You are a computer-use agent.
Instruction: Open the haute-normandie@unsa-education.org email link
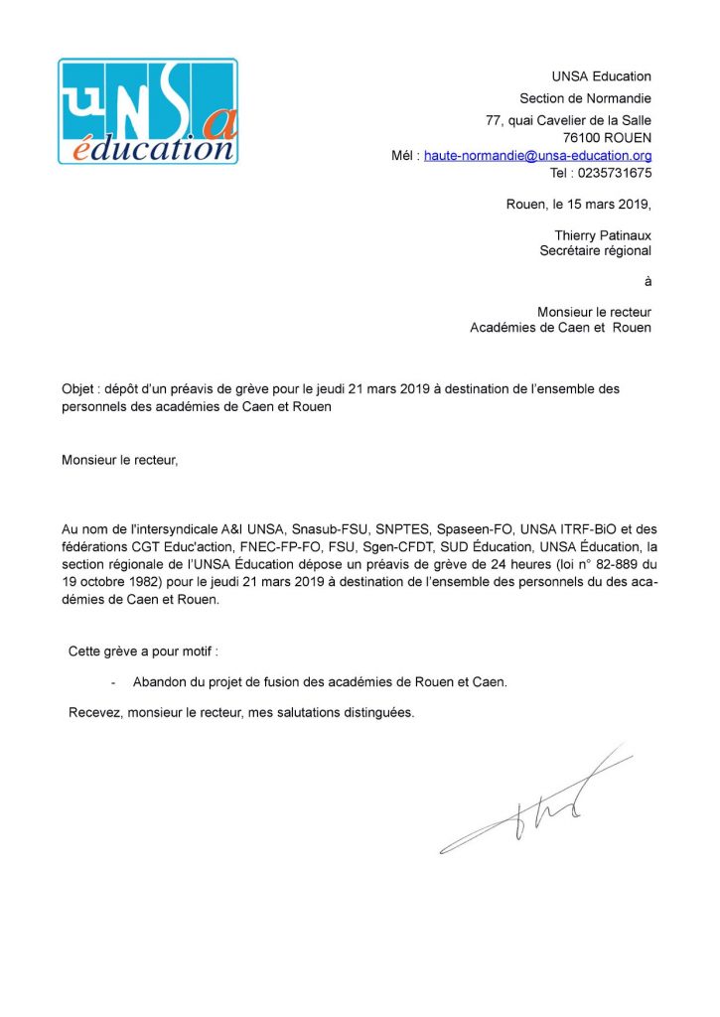[x=537, y=155]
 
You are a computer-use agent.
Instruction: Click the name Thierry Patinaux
[x=603, y=234]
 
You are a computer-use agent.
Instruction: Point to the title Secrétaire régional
[x=595, y=251]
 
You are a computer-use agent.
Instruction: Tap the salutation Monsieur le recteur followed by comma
[x=120, y=460]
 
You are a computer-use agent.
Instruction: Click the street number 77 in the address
[x=493, y=120]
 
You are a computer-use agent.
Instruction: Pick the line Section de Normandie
[x=585, y=98]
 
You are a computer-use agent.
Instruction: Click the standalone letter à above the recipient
[x=647, y=282]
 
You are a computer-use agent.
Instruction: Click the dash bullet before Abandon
[x=114, y=682]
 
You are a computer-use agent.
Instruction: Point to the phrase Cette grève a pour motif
[x=142, y=652]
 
